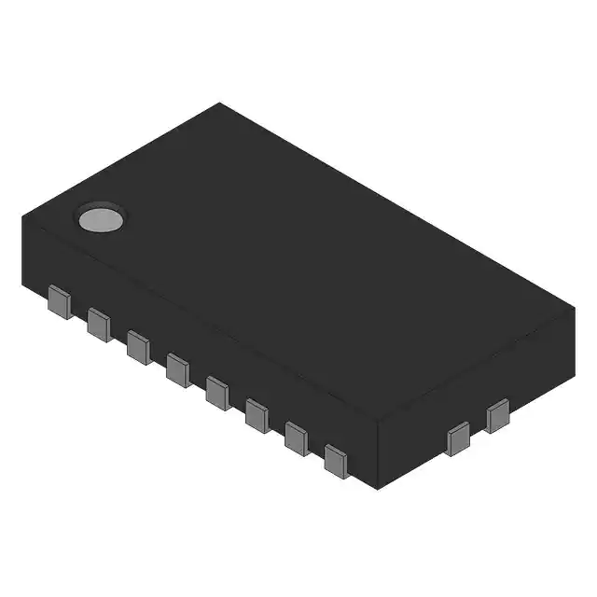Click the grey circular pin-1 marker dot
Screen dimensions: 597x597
pyautogui.click(x=101, y=218)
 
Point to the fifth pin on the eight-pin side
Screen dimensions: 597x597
pyautogui.click(x=217, y=391)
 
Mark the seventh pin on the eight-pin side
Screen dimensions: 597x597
pyautogui.click(x=297, y=437)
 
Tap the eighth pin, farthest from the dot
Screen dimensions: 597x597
pyautogui.click(x=336, y=461)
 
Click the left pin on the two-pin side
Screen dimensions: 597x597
pyautogui.click(x=458, y=438)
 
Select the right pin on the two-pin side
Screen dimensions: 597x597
pyautogui.click(x=497, y=416)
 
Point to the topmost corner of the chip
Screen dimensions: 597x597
pyautogui.click(x=220, y=104)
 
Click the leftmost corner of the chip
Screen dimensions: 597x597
pyautogui.click(x=21, y=216)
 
